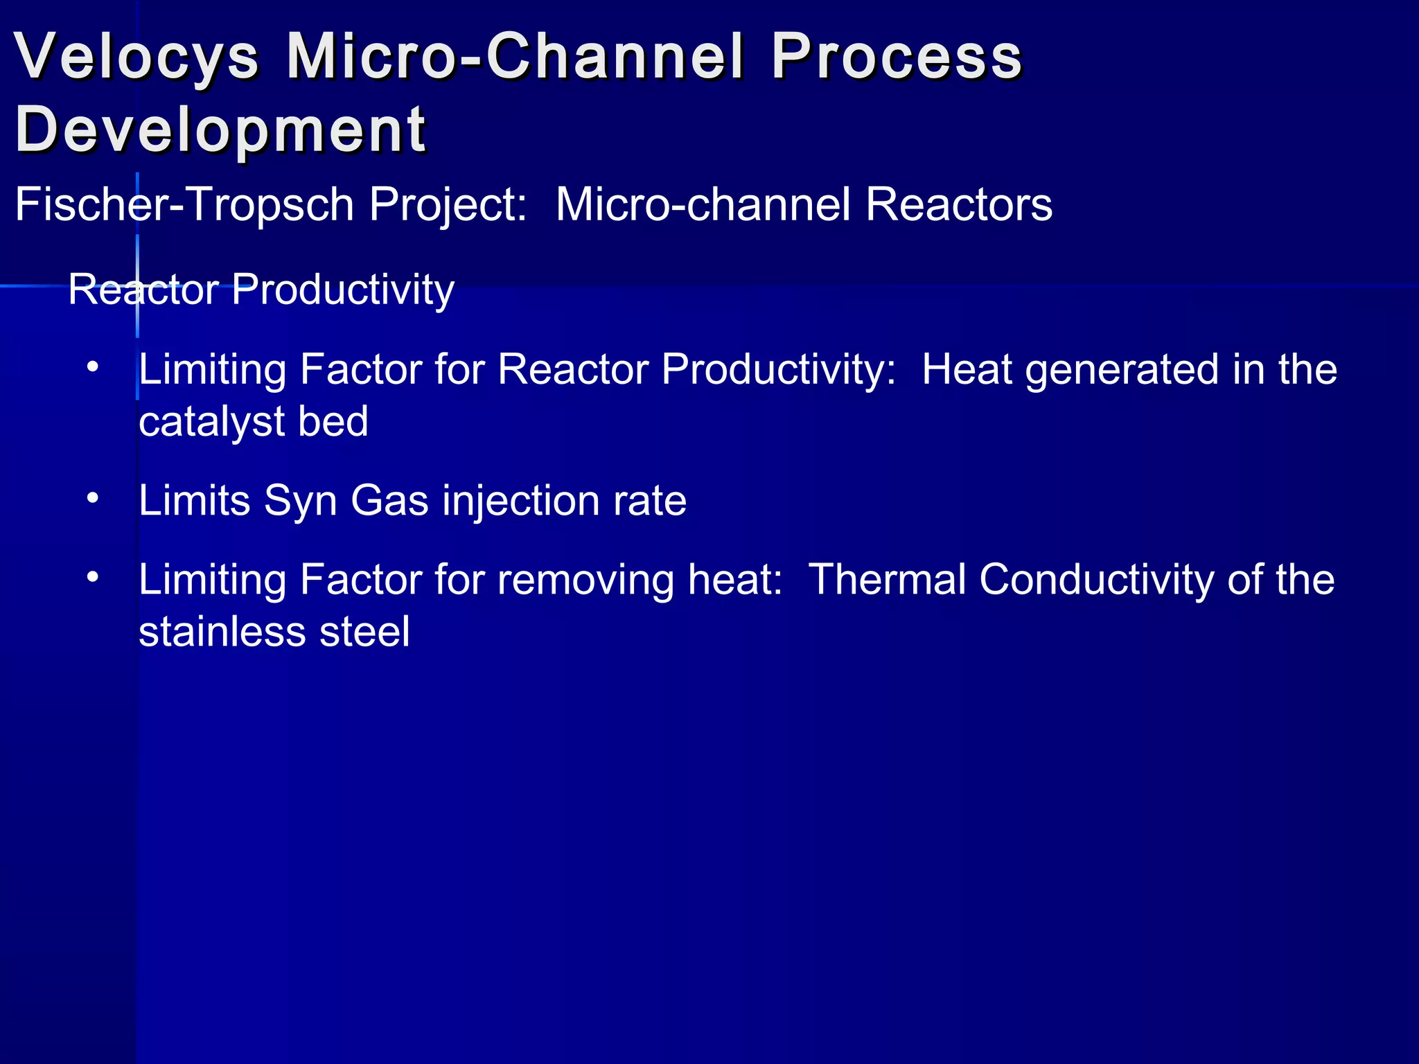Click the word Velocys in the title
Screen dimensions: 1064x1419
click(x=136, y=57)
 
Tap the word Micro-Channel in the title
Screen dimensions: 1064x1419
click(x=515, y=57)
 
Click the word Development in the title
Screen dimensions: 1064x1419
click(x=220, y=130)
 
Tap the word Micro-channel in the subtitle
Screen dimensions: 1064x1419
click(x=703, y=205)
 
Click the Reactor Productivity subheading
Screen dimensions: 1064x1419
click(x=261, y=290)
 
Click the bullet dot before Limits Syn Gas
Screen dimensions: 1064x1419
click(x=93, y=498)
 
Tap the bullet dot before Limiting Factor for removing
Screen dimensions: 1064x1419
click(x=93, y=577)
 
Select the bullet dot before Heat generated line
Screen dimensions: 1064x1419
click(x=93, y=367)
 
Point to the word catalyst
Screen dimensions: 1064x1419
click(x=212, y=422)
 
